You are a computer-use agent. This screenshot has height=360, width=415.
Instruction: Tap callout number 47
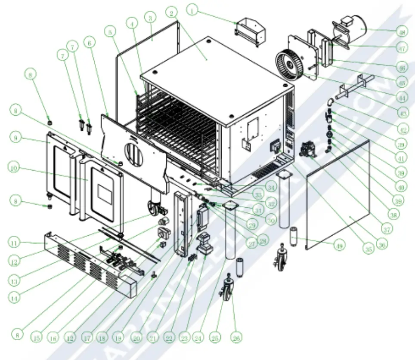pos(403,49)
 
